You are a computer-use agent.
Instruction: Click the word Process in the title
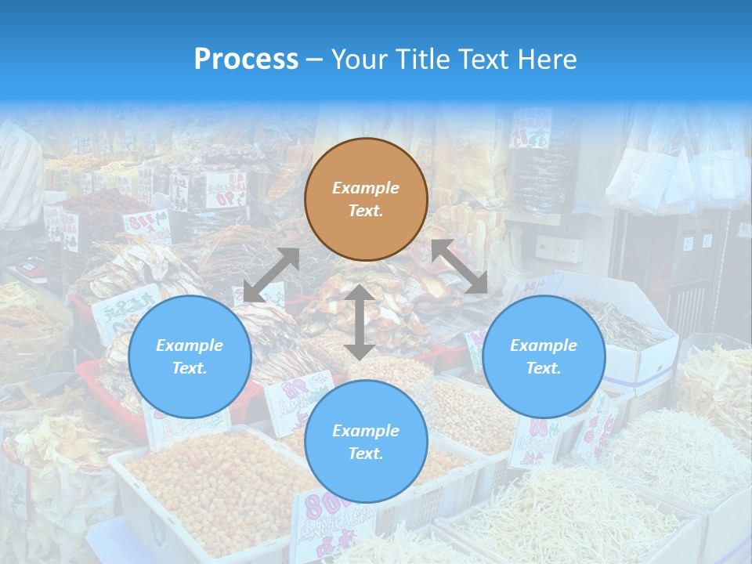246,60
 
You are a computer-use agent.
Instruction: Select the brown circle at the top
366,200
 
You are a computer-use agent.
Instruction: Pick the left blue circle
190,357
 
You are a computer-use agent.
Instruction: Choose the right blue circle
544,357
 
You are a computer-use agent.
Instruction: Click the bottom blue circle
366,442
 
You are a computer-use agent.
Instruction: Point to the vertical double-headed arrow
360,322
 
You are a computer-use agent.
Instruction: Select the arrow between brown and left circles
271,275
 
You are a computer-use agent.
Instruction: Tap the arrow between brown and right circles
460,266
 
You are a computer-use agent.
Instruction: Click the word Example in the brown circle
366,188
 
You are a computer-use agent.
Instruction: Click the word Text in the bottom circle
364,454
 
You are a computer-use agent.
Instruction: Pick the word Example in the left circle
190,345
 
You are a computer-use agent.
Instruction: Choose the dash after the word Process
314,60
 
